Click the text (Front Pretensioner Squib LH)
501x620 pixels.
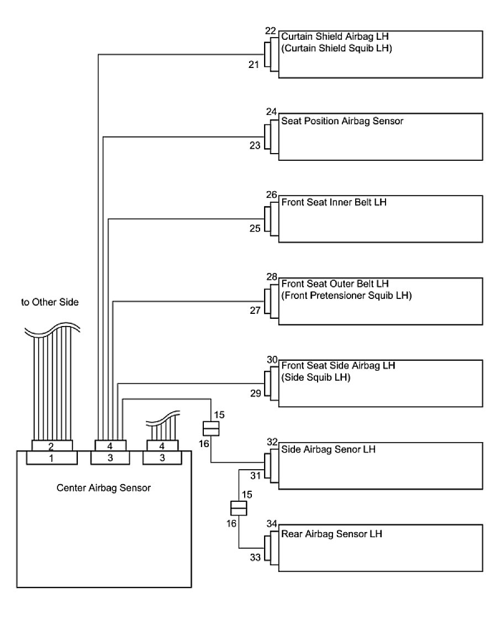pyautogui.click(x=346, y=295)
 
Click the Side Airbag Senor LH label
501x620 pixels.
pyautogui.click(x=329, y=449)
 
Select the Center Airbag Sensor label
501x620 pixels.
pyautogui.click(x=104, y=488)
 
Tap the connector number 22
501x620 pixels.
pyautogui.click(x=270, y=31)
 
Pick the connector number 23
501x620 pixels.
pyautogui.click(x=255, y=146)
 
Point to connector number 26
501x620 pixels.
pyautogui.click(x=271, y=195)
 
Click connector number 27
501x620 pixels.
pyautogui.click(x=255, y=310)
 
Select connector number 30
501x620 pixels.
pyautogui.click(x=271, y=359)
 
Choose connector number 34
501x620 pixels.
pyautogui.click(x=271, y=523)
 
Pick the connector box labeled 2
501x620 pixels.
pyautogui.click(x=52, y=445)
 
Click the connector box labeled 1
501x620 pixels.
pyautogui.click(x=52, y=458)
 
